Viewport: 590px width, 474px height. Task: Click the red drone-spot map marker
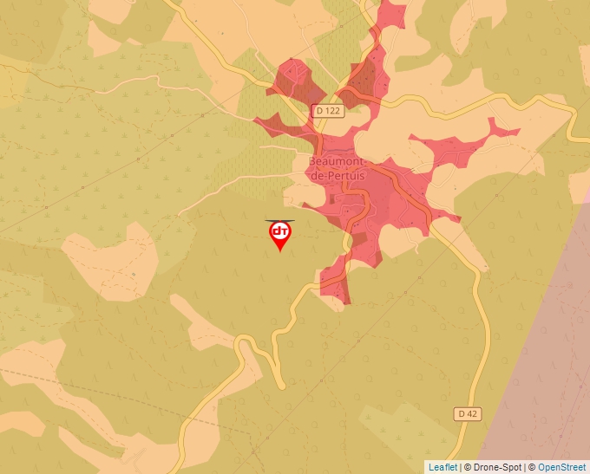[x=280, y=234]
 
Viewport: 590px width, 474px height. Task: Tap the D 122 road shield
[x=328, y=111]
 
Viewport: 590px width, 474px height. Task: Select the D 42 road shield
[x=467, y=414]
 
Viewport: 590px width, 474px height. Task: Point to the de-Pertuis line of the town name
[x=338, y=175]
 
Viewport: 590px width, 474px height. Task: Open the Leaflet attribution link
[x=442, y=467]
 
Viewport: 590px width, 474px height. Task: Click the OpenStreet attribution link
[x=561, y=467]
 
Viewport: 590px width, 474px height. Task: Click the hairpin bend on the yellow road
[x=246, y=343]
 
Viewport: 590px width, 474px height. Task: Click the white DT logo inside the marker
[x=280, y=231]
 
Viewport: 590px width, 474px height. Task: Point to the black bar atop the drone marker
[x=280, y=220]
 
